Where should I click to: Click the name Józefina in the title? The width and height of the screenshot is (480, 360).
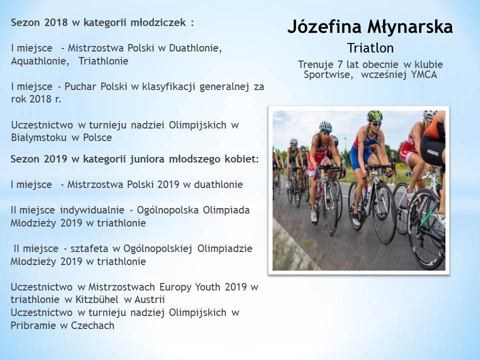(x=324, y=27)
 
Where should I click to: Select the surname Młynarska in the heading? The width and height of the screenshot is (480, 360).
(x=410, y=27)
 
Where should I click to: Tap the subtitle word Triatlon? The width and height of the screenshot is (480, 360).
(x=370, y=48)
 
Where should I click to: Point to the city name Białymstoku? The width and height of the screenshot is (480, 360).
(x=38, y=137)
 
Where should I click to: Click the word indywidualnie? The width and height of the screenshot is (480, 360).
(x=92, y=210)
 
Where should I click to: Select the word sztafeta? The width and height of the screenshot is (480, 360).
(x=89, y=248)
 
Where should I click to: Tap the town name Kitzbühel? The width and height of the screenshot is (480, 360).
(x=96, y=299)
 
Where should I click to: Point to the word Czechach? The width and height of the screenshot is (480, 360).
(x=92, y=325)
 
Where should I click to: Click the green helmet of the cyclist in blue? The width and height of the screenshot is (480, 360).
(x=374, y=116)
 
